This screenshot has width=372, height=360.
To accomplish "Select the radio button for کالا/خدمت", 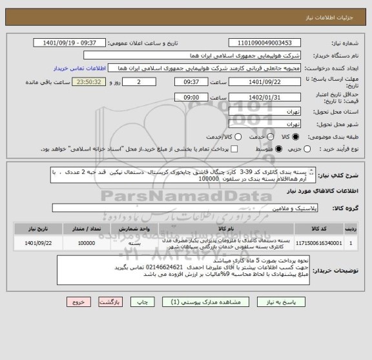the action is pyautogui.click(x=238, y=138).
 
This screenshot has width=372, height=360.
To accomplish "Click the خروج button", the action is pyautogui.click(x=75, y=302).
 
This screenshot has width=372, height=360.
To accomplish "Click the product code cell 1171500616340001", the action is pyautogui.click(x=318, y=244).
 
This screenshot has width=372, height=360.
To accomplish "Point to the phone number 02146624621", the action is pyautogui.click(x=164, y=266).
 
